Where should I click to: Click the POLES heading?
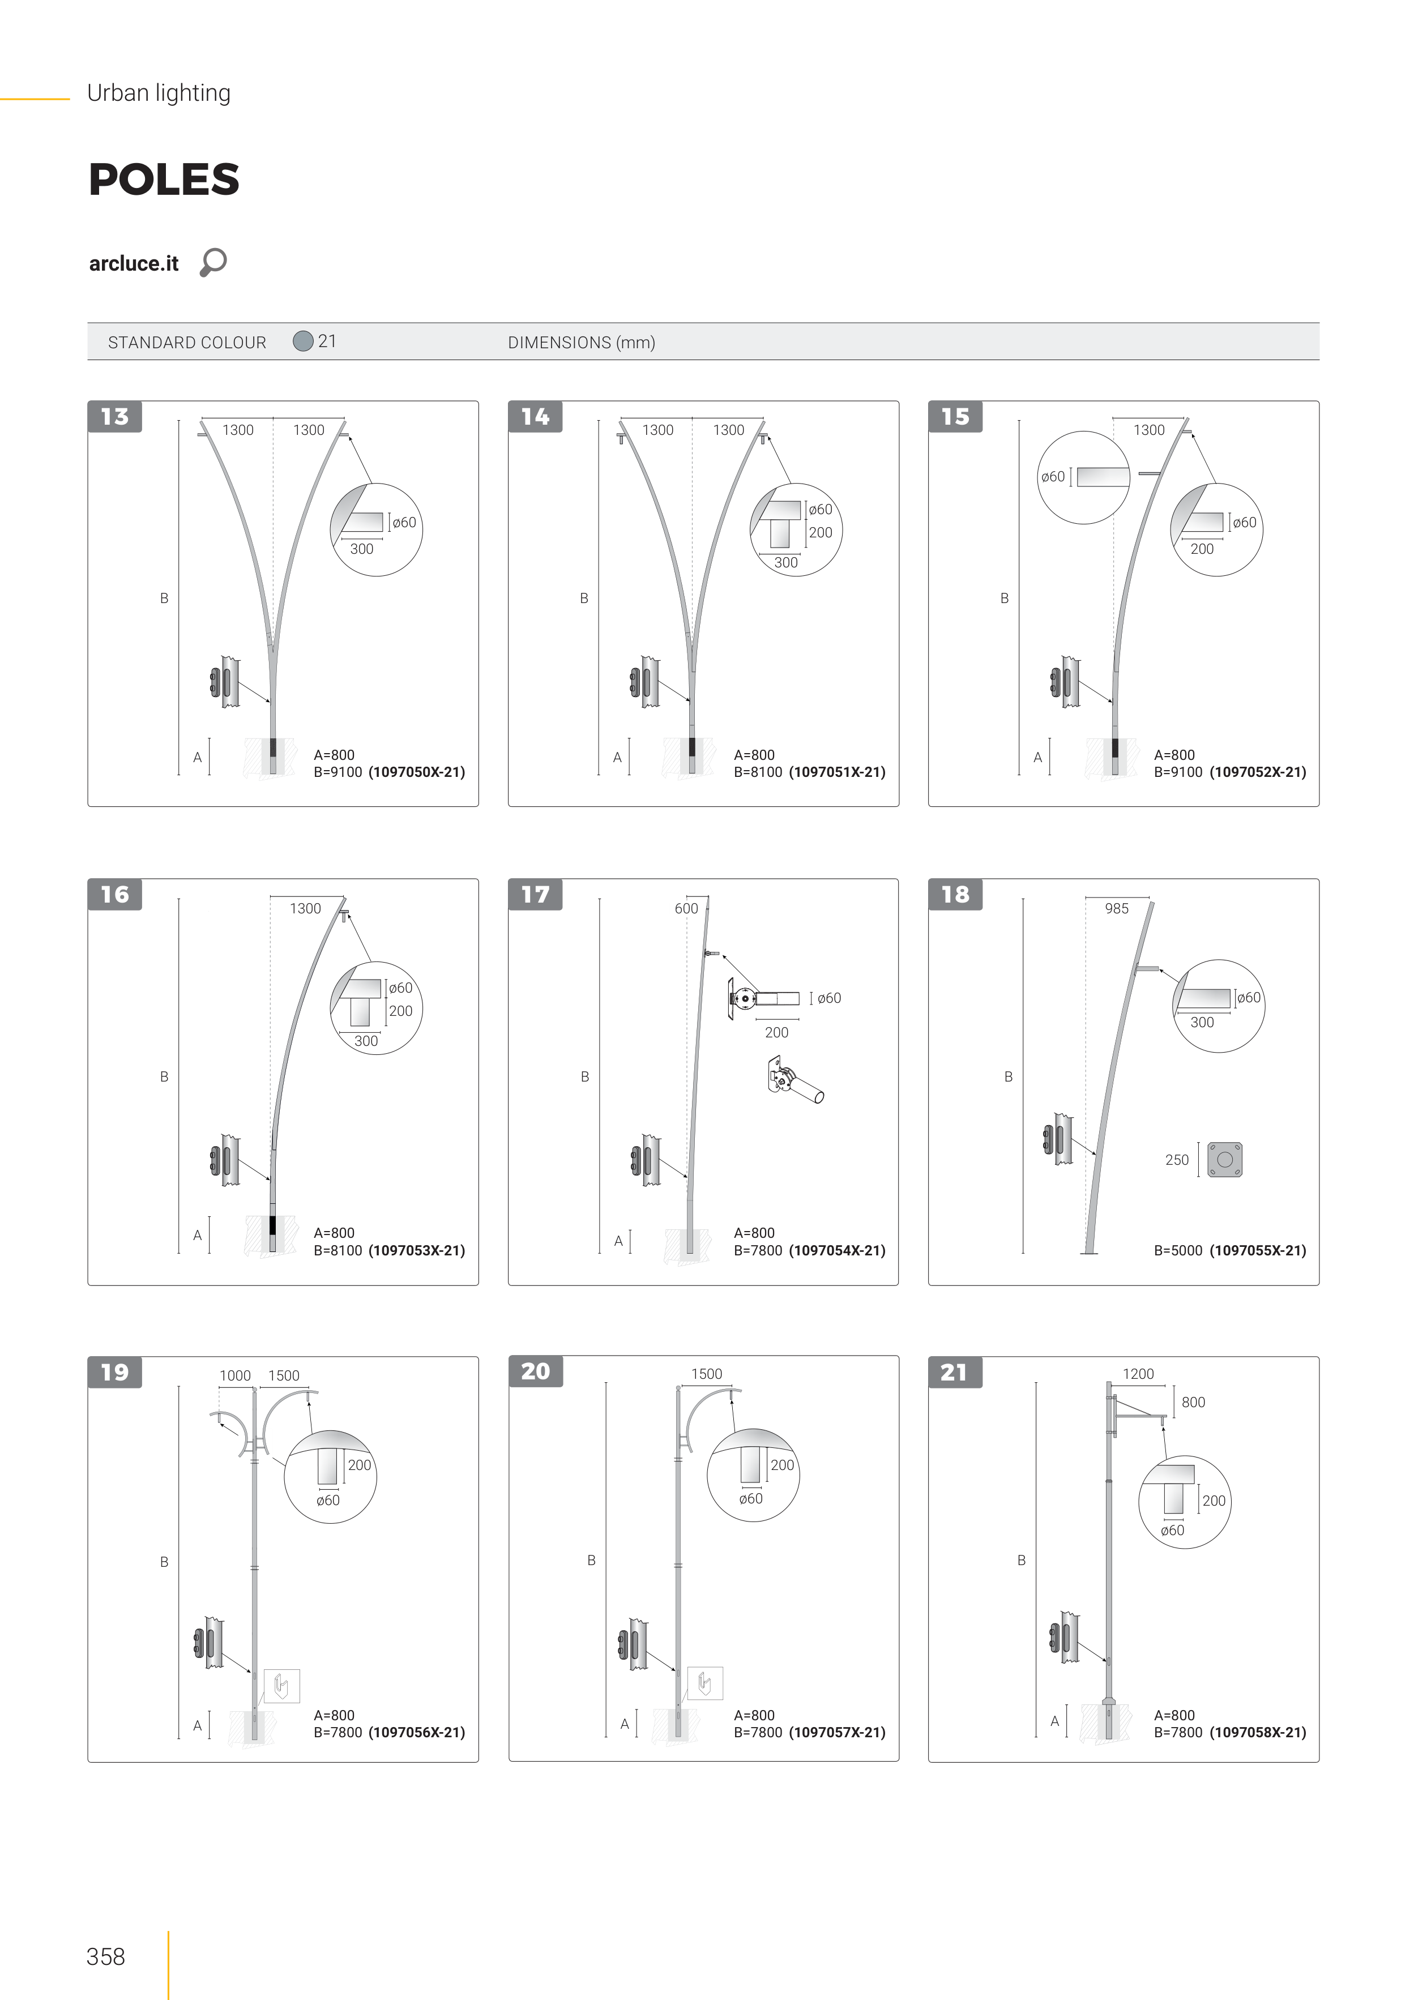(x=164, y=180)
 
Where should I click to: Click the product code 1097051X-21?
(x=838, y=772)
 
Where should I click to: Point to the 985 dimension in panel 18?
(x=1116, y=908)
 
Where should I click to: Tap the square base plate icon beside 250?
(x=1225, y=1160)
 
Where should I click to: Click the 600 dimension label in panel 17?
(x=686, y=908)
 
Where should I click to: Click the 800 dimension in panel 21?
(x=1194, y=1403)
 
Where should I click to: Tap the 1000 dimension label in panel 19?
(x=235, y=1375)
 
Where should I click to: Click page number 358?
(x=105, y=1956)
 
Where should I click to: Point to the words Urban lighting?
(x=159, y=93)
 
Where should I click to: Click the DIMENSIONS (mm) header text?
(x=581, y=343)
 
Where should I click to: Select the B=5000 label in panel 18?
(x=1178, y=1250)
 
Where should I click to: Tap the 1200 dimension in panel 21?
(x=1138, y=1374)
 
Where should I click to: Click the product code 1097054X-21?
(x=838, y=1250)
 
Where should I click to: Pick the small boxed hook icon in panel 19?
(x=281, y=1686)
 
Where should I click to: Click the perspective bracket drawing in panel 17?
(x=794, y=1080)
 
